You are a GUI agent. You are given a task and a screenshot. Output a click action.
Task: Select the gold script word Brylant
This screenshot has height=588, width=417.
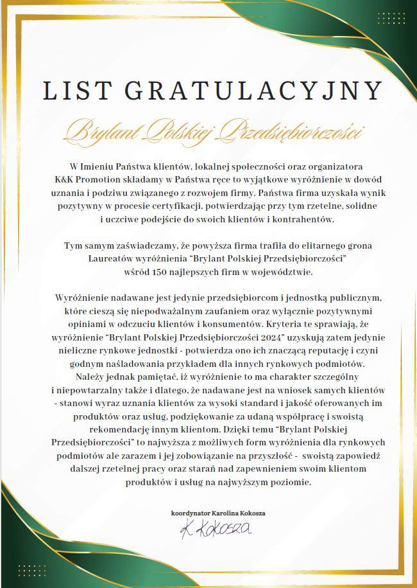[103, 132]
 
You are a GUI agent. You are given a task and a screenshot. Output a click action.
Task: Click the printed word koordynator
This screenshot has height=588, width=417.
[191, 513]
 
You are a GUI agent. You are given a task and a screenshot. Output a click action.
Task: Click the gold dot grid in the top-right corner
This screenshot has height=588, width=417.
[391, 17]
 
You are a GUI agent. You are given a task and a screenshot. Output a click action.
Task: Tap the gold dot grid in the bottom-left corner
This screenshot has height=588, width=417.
[31, 571]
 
